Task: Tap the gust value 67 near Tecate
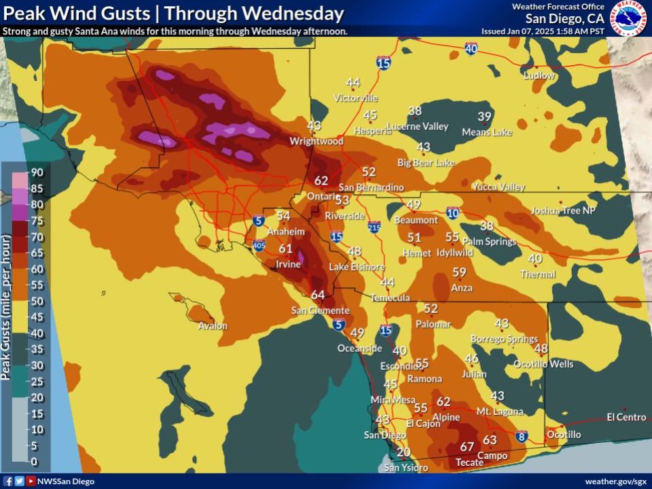pyautogui.click(x=467, y=446)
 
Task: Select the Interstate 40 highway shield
pyautogui.click(x=471, y=48)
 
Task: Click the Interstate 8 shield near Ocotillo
pyautogui.click(x=522, y=435)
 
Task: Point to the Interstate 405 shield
pyautogui.click(x=259, y=244)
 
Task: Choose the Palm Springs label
pyautogui.click(x=486, y=241)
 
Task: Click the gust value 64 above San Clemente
pyautogui.click(x=318, y=295)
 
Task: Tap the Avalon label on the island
pyautogui.click(x=212, y=326)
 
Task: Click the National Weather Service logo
pyautogui.click(x=628, y=18)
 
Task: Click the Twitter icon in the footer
pyautogui.click(x=19, y=481)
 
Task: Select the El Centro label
pyautogui.click(x=626, y=417)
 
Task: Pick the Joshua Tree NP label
pyautogui.click(x=563, y=211)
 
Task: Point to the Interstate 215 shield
pyautogui.click(x=374, y=225)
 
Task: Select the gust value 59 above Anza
pyautogui.click(x=460, y=272)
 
